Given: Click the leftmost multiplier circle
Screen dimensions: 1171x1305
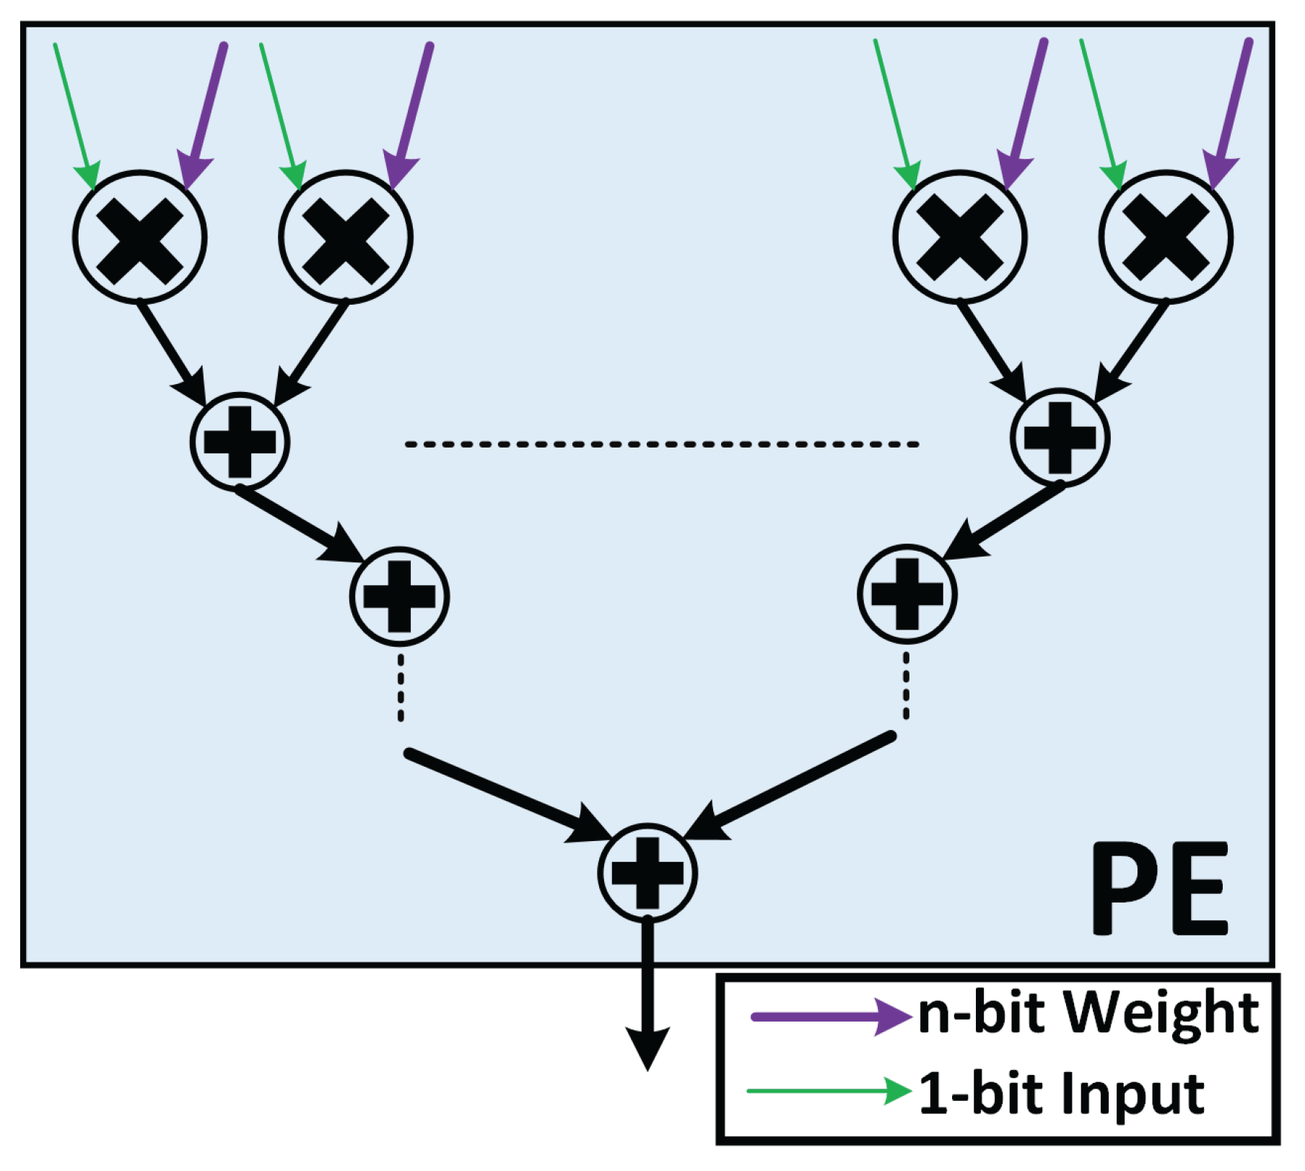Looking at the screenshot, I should [x=140, y=238].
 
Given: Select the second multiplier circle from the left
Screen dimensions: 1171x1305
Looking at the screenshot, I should [x=346, y=238].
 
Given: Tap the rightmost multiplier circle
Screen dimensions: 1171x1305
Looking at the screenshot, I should [x=1166, y=238].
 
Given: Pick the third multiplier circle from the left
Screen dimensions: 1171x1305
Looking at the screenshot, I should [x=960, y=238].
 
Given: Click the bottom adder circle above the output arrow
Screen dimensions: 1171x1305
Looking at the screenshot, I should [x=647, y=873].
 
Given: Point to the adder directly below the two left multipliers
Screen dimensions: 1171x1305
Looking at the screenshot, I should [x=240, y=441].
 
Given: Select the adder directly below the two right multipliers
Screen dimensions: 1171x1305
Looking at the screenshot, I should [x=1060, y=438].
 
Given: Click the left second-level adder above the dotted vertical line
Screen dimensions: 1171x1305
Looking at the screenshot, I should [x=399, y=596].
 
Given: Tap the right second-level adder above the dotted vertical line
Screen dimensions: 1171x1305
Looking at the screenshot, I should [x=907, y=593].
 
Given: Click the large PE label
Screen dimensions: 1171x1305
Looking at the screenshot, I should [x=1160, y=889].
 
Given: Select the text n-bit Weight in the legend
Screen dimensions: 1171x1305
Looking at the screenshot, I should [x=1088, y=1013].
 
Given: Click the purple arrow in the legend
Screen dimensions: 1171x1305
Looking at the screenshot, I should [x=830, y=1017].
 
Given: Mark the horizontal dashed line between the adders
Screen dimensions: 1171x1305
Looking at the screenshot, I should [x=661, y=444].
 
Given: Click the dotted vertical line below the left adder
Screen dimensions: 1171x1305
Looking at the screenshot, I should [x=401, y=687].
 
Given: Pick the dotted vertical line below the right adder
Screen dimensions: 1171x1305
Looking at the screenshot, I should [x=907, y=685].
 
